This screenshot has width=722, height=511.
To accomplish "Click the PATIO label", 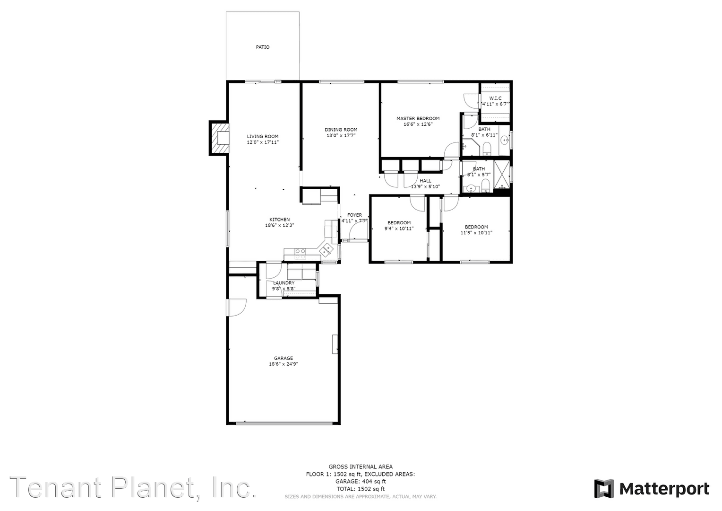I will [263, 47].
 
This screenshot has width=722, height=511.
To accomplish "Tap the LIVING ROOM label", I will [263, 136].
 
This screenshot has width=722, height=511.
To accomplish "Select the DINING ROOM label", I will [341, 130].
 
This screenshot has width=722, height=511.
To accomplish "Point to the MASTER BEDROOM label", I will [418, 119].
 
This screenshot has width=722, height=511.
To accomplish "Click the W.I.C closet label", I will [495, 98].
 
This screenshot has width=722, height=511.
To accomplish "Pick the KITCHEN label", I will [280, 220].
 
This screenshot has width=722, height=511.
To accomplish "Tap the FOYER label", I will [354, 215].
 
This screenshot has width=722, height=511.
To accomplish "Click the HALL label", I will [425, 181].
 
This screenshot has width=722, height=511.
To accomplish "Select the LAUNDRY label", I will [284, 283].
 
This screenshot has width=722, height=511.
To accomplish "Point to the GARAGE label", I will [284, 358].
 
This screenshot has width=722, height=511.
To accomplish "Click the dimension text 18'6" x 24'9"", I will [284, 364].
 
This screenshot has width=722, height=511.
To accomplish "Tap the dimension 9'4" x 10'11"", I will [399, 229].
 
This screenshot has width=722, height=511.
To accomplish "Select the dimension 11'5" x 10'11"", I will [476, 233].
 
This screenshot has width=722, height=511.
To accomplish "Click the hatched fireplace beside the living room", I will [219, 138].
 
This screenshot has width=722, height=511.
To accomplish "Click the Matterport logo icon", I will [604, 489].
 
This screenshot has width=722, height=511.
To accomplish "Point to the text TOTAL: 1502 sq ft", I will [361, 489].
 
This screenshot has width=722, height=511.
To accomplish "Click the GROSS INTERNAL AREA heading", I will [361, 467].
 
